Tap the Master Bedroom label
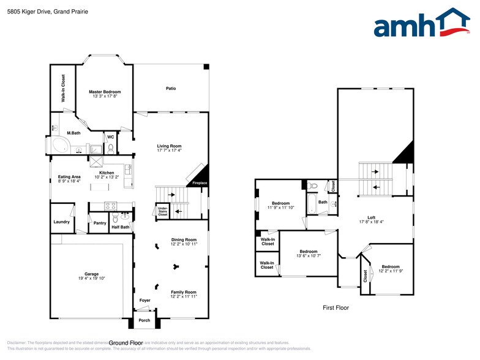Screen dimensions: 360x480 [x=105, y=92]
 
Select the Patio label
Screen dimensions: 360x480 [x=171, y=89]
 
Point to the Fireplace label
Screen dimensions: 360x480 [x=200, y=183]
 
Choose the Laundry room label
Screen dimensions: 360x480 [x=61, y=222]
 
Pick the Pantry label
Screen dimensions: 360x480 [x=100, y=223]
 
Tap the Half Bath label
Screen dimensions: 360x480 [x=120, y=227]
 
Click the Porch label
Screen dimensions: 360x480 [x=144, y=320]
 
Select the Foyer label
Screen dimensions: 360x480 [x=144, y=301]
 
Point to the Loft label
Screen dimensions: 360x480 [x=371, y=217]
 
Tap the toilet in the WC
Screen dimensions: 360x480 [x=111, y=148]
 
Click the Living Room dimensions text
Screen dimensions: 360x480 [x=169, y=150]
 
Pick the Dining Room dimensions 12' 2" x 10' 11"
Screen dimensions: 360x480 [x=184, y=244]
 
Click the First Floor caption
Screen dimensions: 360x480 [x=336, y=307]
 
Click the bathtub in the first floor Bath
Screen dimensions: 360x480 [x=312, y=204]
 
